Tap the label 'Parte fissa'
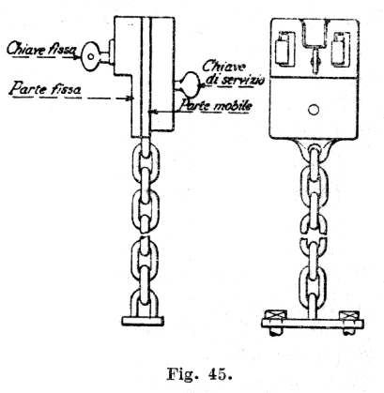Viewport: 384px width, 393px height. click(x=46, y=88)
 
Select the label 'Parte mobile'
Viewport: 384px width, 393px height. click(x=215, y=106)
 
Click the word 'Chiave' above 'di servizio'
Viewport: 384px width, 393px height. click(x=224, y=67)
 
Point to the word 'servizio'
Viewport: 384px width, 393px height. click(x=241, y=80)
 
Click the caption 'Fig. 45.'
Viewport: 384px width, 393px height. click(x=200, y=373)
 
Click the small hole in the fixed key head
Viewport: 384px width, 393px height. click(x=90, y=56)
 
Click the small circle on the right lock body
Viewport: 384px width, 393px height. click(x=314, y=110)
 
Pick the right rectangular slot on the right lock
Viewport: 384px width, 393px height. click(x=342, y=49)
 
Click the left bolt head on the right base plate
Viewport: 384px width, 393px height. click(x=276, y=315)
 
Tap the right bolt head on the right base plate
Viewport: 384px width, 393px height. click(x=349, y=315)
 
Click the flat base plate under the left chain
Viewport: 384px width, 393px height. click(x=143, y=321)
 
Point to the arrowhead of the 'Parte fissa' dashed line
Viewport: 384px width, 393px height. click(x=129, y=98)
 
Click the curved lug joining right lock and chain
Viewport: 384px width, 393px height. click(x=315, y=147)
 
